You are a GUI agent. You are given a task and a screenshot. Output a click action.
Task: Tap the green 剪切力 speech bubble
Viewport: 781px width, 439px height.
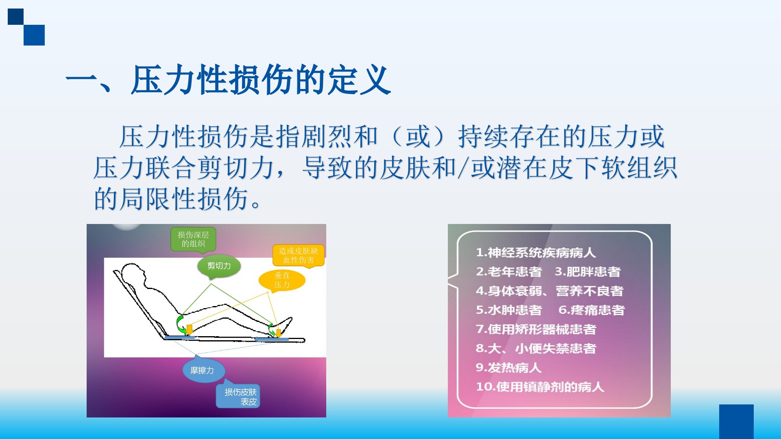[x=219, y=266]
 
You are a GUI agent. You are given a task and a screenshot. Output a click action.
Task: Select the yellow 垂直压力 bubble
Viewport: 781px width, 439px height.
[x=281, y=280]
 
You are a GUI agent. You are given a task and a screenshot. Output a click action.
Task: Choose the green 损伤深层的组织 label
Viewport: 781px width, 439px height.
[x=193, y=239]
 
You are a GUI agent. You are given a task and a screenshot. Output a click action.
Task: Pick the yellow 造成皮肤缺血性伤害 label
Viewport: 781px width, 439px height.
[x=299, y=255]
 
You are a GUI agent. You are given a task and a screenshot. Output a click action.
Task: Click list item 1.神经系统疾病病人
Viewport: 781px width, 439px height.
[x=536, y=253]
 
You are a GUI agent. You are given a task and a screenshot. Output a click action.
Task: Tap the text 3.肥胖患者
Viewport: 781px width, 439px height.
[x=588, y=272]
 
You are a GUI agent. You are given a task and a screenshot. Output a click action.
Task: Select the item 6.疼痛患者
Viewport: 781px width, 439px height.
[x=591, y=310]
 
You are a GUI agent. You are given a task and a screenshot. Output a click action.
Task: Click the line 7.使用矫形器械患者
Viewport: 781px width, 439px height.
[x=536, y=329]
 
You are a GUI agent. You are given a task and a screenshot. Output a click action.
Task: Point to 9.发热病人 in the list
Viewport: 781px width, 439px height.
[x=508, y=367]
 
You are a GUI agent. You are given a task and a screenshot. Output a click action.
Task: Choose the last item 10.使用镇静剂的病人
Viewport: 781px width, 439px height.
[x=540, y=387]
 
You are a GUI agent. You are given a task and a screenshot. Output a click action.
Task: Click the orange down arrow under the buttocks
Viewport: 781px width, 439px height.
[x=189, y=329]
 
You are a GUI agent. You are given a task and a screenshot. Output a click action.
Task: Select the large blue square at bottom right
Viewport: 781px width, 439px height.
[x=736, y=422]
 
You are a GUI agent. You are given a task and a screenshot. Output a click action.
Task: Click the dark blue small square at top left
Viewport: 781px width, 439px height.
[x=15, y=17]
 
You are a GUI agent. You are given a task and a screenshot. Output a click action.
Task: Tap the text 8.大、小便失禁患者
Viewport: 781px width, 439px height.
[x=536, y=348]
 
